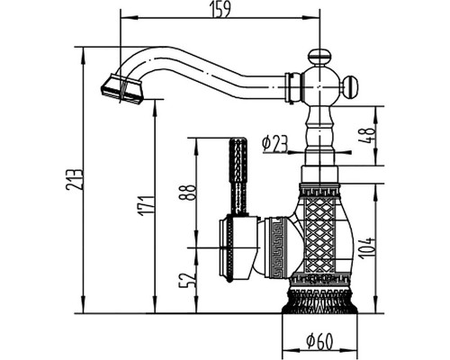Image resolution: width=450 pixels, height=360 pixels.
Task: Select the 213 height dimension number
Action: tap(74, 179)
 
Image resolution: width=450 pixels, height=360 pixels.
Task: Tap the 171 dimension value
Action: tap(147, 205)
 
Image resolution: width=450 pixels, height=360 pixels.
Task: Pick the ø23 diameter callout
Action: tap(274, 143)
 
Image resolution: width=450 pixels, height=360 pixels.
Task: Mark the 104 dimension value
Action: tap(366, 248)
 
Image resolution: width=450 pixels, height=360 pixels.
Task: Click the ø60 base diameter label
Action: tap(319, 342)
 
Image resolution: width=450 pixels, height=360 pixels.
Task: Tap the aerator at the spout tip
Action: tap(121, 88)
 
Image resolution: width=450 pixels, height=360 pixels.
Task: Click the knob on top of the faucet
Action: tap(319, 57)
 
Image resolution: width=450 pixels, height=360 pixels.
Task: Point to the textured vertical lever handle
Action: tap(238, 175)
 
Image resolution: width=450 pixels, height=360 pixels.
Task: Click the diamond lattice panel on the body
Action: tap(319, 234)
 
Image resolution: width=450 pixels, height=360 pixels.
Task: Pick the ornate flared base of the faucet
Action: tap(319, 301)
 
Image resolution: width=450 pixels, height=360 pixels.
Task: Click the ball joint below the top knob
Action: tap(319, 87)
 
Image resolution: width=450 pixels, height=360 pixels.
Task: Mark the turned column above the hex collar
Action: tap(319, 135)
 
